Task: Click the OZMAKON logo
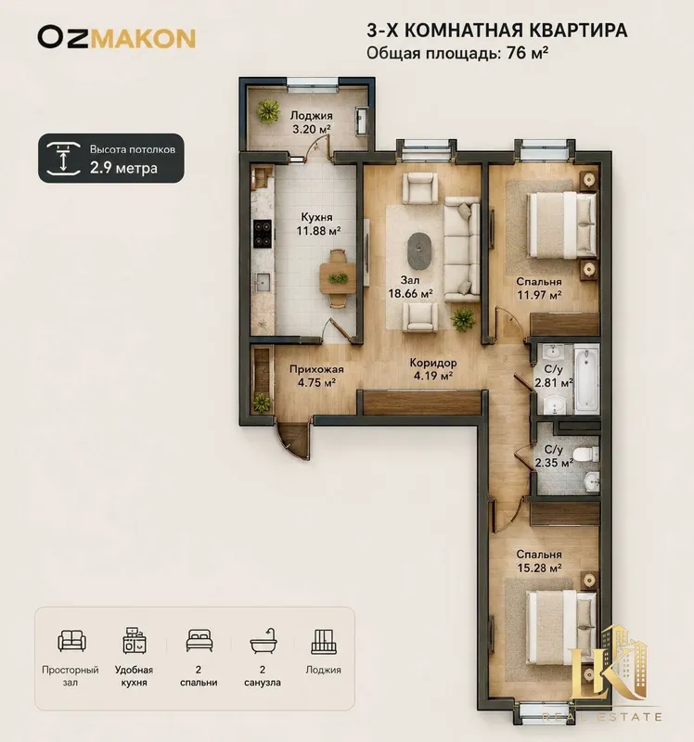pyautogui.click(x=117, y=38)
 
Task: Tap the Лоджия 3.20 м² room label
pyautogui.click(x=311, y=122)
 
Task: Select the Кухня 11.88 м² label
pyautogui.click(x=318, y=224)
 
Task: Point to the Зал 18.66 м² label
pyautogui.click(x=410, y=288)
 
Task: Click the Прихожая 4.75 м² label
pyautogui.click(x=316, y=376)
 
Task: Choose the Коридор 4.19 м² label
pyautogui.click(x=433, y=369)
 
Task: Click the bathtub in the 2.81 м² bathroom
pyautogui.click(x=586, y=379)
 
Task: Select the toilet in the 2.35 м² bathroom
pyautogui.click(x=585, y=454)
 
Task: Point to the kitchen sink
pyautogui.click(x=263, y=283)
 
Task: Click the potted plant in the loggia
pyautogui.click(x=268, y=111)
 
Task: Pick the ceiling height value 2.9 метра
pyautogui.click(x=123, y=168)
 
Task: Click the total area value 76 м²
pyautogui.click(x=527, y=53)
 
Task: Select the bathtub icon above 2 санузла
pyautogui.click(x=263, y=642)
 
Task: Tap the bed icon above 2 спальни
pyautogui.click(x=199, y=640)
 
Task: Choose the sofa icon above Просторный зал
pyautogui.click(x=72, y=640)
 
